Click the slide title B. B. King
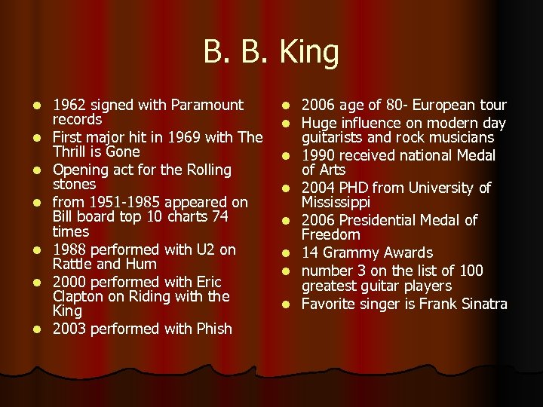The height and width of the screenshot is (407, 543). pos(271,52)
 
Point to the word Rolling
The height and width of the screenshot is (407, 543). pos(205,170)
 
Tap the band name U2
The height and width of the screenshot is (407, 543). pos(204,249)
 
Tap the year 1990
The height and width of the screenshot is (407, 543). pos(319,155)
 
